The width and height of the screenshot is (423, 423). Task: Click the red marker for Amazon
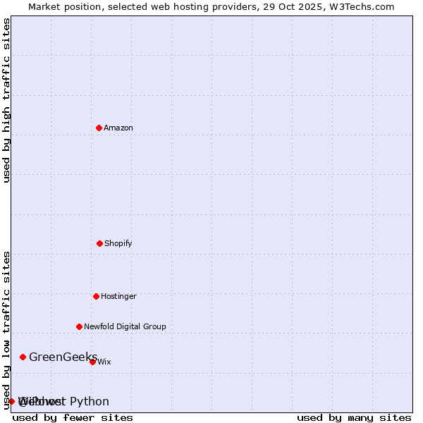point(99,128)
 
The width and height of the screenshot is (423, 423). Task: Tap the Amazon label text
point(118,128)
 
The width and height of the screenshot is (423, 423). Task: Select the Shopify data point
point(99,243)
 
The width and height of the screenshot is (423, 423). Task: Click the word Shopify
point(118,244)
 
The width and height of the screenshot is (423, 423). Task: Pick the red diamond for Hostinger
point(96,296)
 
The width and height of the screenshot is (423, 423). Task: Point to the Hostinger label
point(118,297)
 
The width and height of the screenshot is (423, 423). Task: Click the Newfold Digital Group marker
point(79,326)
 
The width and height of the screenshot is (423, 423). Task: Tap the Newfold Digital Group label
point(125,327)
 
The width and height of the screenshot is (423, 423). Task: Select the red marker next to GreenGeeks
point(23,357)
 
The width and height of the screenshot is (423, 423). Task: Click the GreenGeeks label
point(63,357)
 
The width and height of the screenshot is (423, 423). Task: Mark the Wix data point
point(92,362)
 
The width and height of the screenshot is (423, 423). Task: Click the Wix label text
point(104,362)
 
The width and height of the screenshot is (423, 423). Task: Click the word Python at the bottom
point(90,402)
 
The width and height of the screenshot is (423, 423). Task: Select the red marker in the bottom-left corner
point(11,401)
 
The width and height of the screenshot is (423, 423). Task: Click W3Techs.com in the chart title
point(363,6)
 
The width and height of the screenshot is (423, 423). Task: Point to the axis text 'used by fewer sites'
point(73,417)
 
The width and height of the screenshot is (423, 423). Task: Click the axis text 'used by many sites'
point(354,417)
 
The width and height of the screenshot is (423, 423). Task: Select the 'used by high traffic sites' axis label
point(6,100)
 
